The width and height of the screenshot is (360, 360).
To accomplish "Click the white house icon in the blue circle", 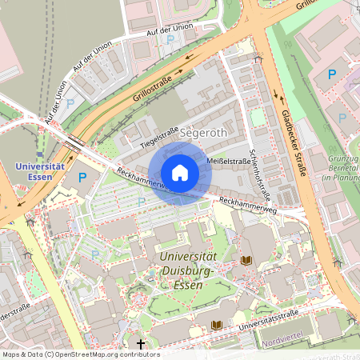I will click(180, 173).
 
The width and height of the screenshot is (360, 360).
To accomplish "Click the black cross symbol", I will click(141, 344).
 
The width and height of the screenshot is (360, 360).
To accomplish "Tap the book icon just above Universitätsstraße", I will click(216, 324).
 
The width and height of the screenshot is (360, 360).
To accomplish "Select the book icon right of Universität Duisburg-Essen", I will click(246, 260).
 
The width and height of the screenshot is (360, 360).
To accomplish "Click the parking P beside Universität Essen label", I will click(82, 175).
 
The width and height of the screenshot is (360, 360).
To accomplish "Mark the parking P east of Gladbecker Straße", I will click(331, 75).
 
